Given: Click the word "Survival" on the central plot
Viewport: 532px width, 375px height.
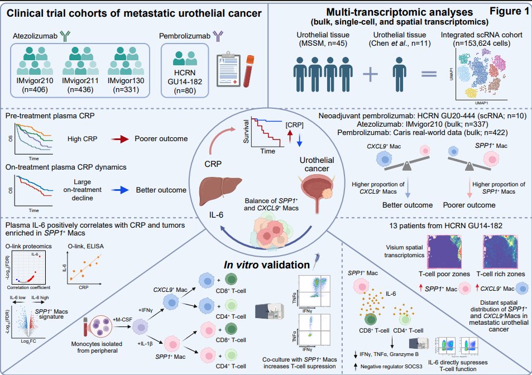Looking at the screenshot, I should [245, 135].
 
